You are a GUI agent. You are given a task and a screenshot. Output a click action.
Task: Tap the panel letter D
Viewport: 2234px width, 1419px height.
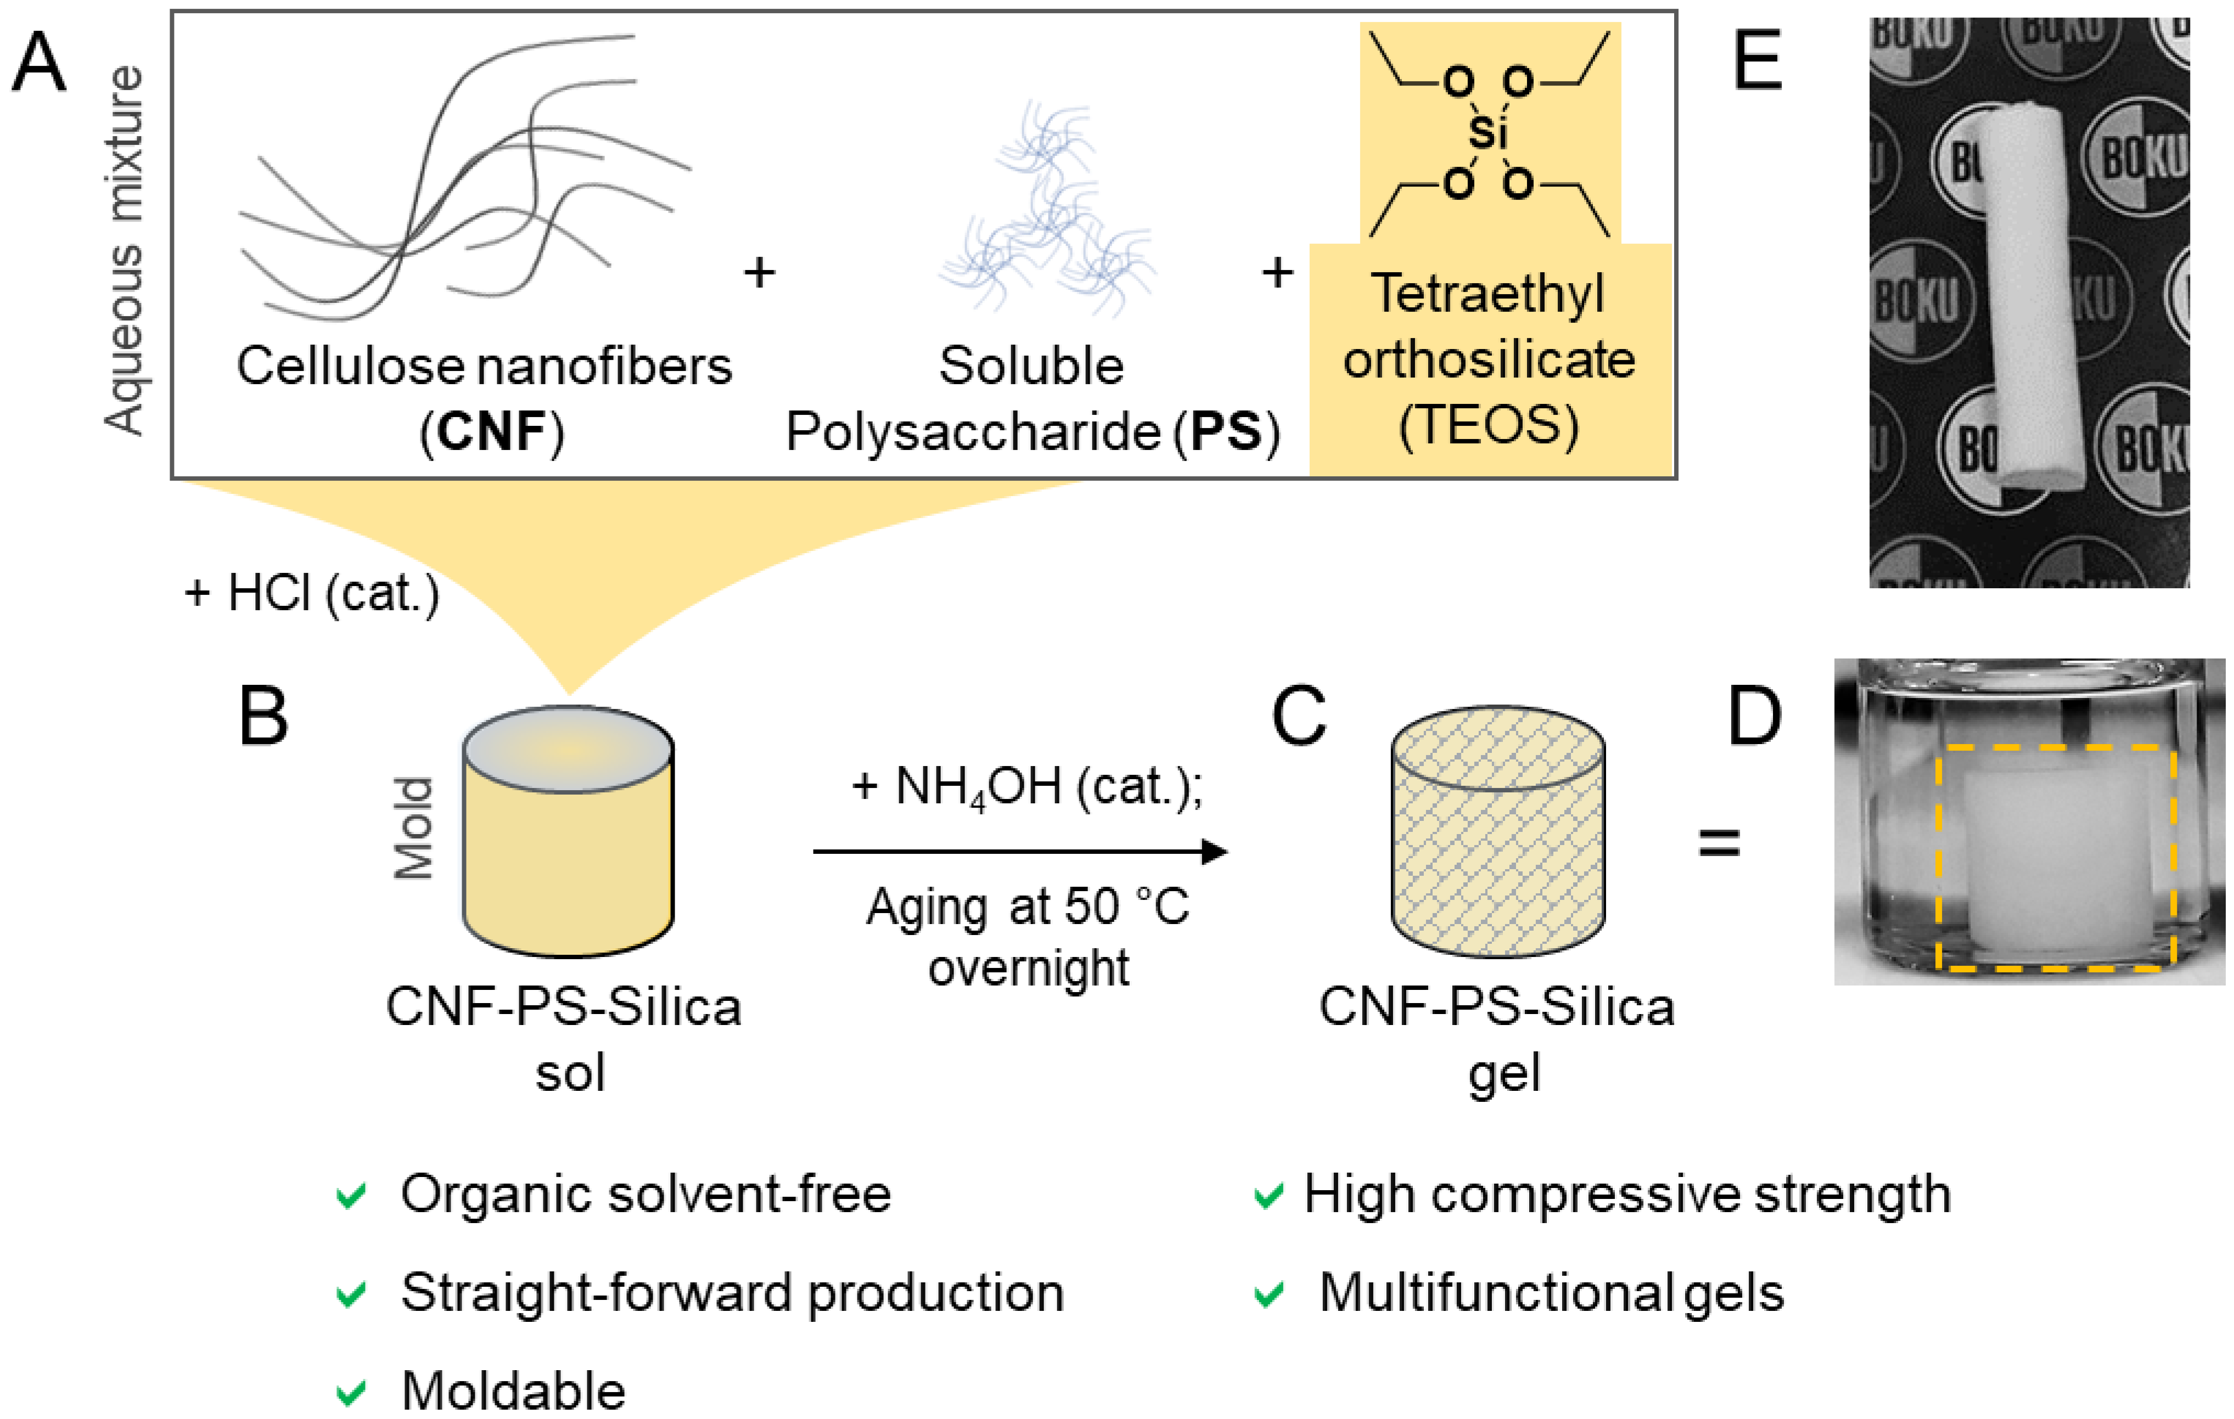tap(1754, 716)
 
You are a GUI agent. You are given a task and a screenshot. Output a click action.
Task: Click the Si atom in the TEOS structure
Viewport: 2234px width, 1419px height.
tap(1487, 133)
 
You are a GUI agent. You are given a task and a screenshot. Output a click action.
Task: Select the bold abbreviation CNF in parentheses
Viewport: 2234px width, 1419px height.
tap(492, 431)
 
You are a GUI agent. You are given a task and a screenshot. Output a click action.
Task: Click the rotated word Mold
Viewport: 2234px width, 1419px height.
tap(413, 827)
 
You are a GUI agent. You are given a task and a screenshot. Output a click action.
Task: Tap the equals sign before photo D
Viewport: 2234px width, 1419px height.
tap(1718, 843)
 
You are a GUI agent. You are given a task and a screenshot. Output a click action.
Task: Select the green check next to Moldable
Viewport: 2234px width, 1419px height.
tap(351, 1390)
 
